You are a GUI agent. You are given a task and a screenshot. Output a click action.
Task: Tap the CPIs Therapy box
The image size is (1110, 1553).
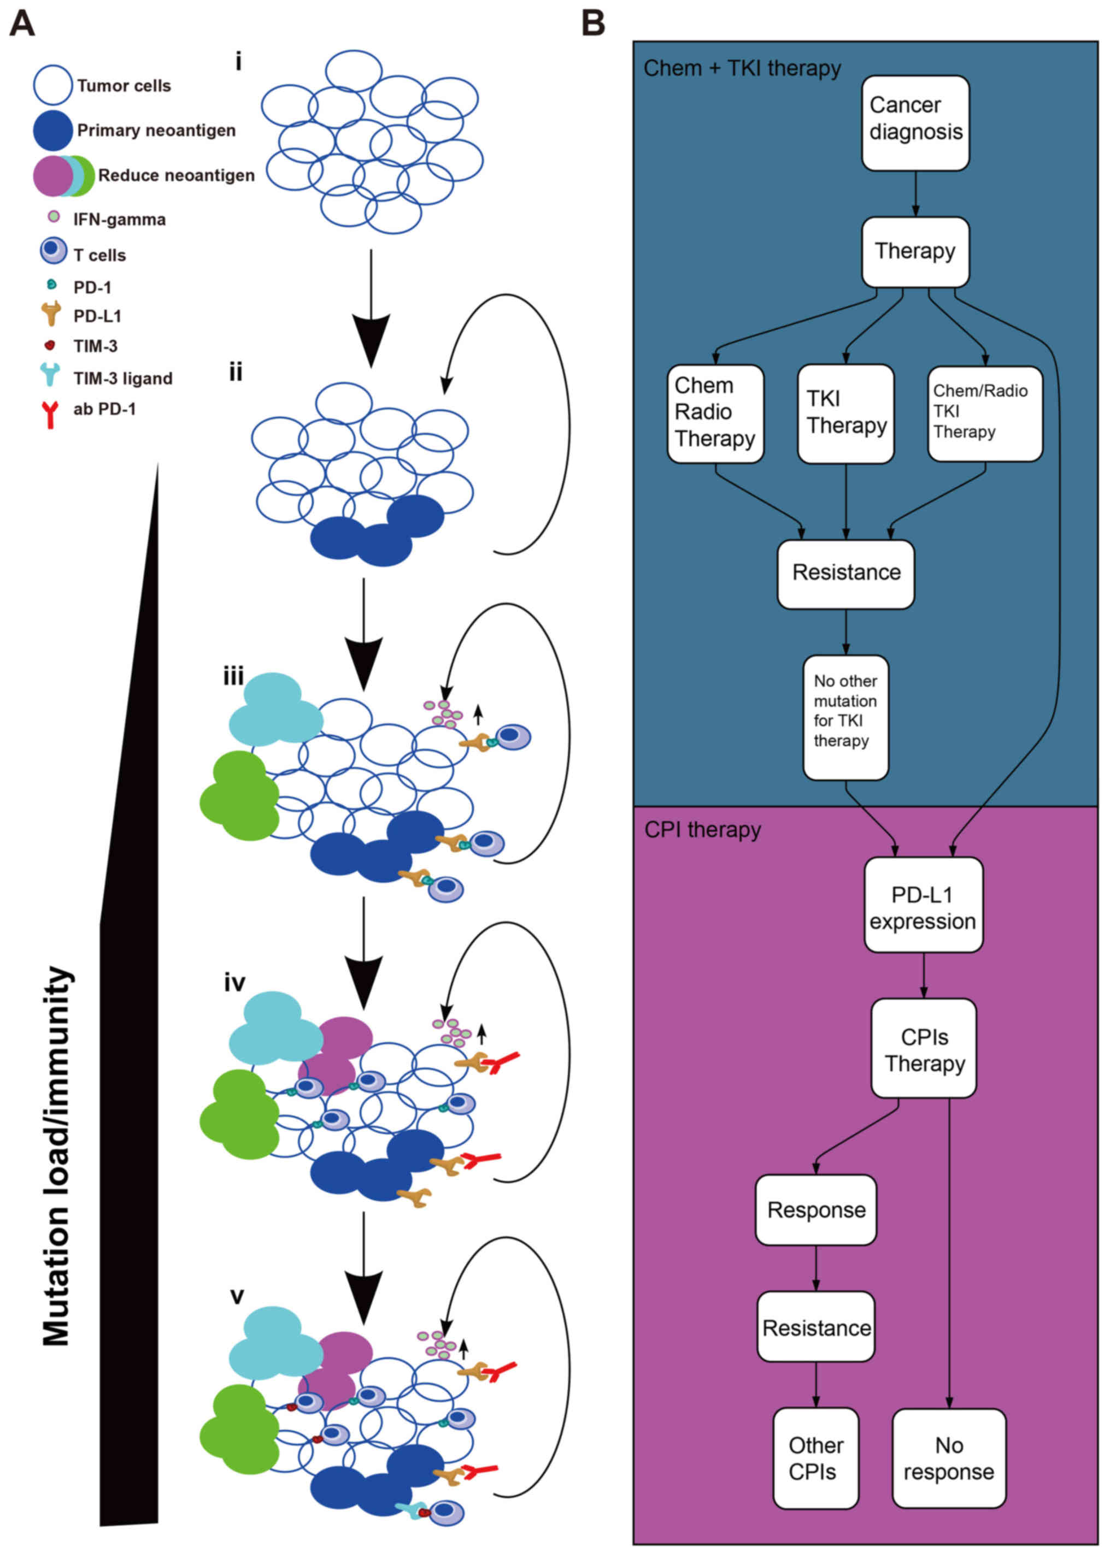(924, 1048)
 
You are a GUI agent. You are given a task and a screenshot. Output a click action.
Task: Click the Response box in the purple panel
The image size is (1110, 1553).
(815, 1209)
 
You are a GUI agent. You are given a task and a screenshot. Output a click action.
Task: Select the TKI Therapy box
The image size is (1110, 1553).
(845, 414)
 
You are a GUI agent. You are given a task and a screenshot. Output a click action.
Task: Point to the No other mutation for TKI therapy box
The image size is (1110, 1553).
(845, 717)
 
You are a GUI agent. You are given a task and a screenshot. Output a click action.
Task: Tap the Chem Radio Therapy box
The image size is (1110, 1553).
(715, 414)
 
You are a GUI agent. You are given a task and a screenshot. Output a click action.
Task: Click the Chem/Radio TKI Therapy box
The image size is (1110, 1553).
(984, 414)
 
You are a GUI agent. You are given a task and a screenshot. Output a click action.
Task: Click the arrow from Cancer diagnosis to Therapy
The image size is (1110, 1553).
(915, 194)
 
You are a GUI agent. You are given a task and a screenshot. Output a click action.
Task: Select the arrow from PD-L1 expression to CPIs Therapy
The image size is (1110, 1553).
(924, 975)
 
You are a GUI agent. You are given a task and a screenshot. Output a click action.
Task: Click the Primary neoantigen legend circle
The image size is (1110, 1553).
(52, 131)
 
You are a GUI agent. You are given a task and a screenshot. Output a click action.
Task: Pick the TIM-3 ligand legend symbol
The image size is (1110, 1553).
(50, 374)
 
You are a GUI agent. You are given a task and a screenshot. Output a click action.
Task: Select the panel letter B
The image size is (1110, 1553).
(592, 23)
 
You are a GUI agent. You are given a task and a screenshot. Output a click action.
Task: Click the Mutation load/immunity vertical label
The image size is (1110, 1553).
(57, 1155)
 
